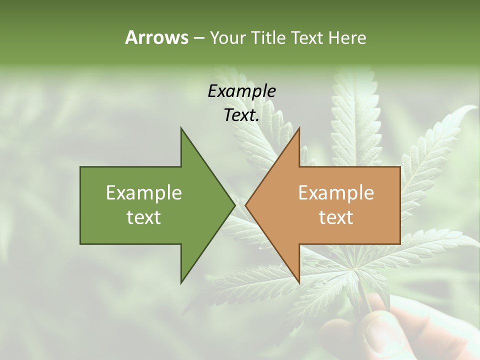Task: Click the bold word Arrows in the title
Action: coord(156,37)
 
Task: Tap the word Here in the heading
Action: coord(347,37)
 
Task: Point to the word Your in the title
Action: coord(227,37)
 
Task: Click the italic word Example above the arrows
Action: coord(241,91)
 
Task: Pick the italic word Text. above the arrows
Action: coord(241,115)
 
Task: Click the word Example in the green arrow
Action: coord(144,192)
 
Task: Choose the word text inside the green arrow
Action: coord(144,217)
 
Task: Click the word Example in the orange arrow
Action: coord(336,192)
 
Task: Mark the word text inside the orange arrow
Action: coord(336,217)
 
